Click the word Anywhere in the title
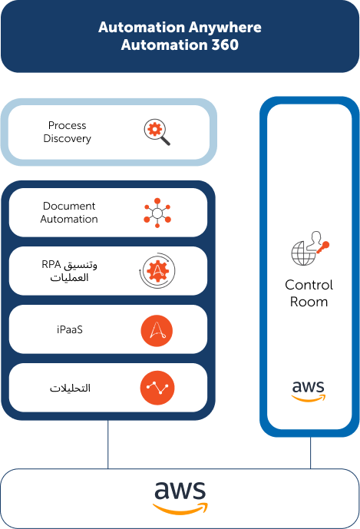point(225,28)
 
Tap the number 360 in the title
point(225,45)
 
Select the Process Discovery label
point(67,132)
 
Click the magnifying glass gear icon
point(157,132)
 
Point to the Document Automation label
point(69,213)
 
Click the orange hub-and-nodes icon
point(157,213)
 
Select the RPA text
point(51,264)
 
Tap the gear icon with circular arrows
point(157,270)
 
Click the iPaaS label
point(70,329)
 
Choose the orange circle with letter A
point(157,331)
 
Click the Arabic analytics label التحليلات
point(70,388)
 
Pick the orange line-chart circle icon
point(157,388)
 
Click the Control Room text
point(309,293)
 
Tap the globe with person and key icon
point(310,248)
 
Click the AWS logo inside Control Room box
point(309,391)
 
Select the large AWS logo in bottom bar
point(180,498)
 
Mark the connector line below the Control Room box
point(310,453)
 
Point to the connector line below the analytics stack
point(108,445)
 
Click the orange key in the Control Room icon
point(323,247)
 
